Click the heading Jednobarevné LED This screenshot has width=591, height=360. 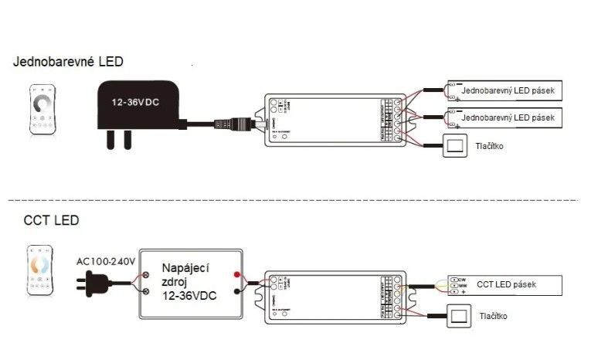[x=67, y=61]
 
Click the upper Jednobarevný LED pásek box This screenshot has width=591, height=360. [x=505, y=92]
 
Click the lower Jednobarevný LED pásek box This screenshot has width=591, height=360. [x=505, y=117]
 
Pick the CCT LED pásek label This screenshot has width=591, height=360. [x=506, y=285]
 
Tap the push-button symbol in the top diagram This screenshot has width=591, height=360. [x=455, y=146]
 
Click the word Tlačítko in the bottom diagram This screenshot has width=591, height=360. [x=493, y=317]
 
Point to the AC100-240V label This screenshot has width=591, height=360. [x=106, y=263]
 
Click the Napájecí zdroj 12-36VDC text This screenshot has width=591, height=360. [x=189, y=281]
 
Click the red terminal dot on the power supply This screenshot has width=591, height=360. [x=236, y=274]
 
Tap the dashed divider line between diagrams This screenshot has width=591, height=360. [x=294, y=199]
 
